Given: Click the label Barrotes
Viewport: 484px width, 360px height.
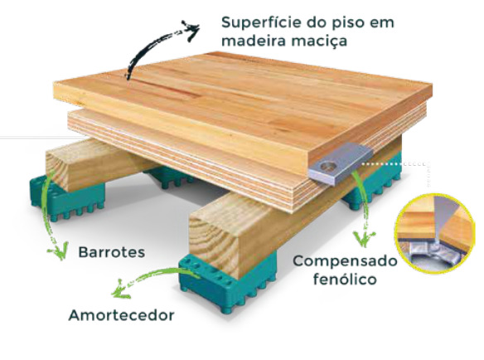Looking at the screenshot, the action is pyautogui.click(x=111, y=252).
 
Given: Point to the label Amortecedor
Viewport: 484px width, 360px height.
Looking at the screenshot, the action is pyautogui.click(x=121, y=315).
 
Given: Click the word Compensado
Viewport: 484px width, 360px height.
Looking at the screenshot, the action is pyautogui.click(x=345, y=262).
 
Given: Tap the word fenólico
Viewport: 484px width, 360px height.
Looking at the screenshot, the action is pyautogui.click(x=345, y=280).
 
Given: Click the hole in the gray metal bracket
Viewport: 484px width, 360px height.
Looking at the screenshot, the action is pyautogui.click(x=327, y=167).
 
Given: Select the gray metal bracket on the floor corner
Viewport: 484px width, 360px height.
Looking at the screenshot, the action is pyautogui.click(x=341, y=163).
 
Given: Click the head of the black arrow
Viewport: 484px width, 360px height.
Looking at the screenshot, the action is pyautogui.click(x=191, y=30).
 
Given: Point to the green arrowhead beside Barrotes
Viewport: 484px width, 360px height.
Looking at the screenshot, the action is pyautogui.click(x=59, y=251).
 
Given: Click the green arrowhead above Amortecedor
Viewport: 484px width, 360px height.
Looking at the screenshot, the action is pyautogui.click(x=120, y=289).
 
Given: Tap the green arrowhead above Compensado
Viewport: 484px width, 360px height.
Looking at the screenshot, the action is pyautogui.click(x=364, y=239).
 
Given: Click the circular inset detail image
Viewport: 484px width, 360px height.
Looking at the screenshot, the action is pyautogui.click(x=435, y=234).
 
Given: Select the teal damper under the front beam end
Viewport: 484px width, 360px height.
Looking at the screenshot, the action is pyautogui.click(x=227, y=283).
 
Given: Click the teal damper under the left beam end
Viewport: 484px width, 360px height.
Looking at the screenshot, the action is pyautogui.click(x=65, y=197).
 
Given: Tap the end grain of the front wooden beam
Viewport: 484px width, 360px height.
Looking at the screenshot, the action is pyautogui.click(x=214, y=239).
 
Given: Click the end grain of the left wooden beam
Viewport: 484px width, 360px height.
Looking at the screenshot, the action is pyautogui.click(x=57, y=168).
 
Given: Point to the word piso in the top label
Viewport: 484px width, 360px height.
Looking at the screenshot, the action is pyautogui.click(x=347, y=23).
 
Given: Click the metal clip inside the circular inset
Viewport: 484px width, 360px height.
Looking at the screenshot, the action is pyautogui.click(x=431, y=250).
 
